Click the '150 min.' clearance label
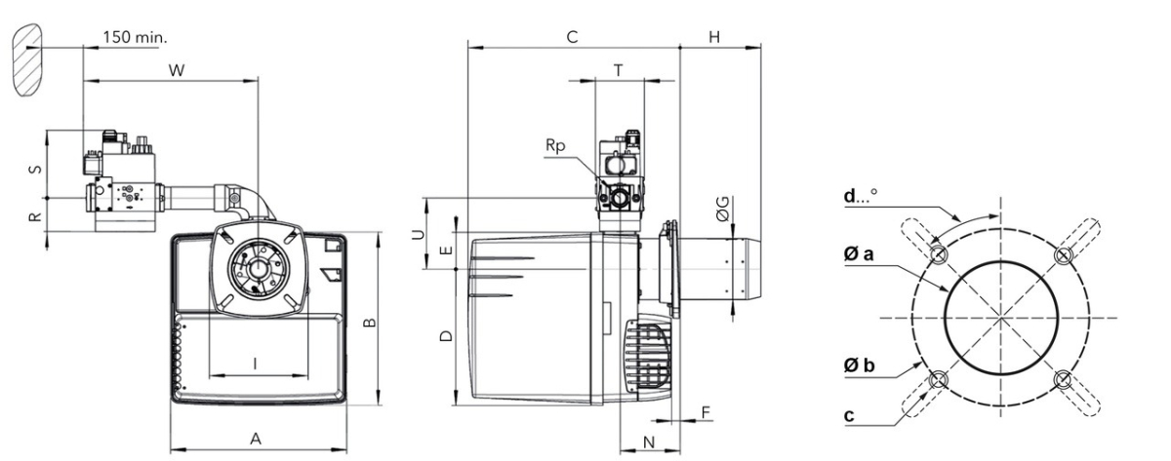click(x=135, y=38)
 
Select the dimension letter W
click(x=177, y=70)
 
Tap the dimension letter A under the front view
click(x=255, y=439)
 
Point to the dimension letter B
click(x=370, y=323)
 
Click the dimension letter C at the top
click(x=573, y=37)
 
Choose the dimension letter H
click(x=714, y=37)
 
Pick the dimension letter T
click(x=619, y=70)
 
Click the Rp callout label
click(x=555, y=145)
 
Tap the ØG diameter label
click(x=722, y=209)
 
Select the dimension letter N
click(x=649, y=442)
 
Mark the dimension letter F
click(x=706, y=412)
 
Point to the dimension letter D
click(x=446, y=335)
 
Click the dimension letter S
click(x=35, y=170)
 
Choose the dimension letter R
click(x=34, y=215)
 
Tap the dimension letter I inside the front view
click(x=255, y=364)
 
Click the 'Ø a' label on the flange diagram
click(x=859, y=253)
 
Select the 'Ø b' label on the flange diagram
click(x=859, y=365)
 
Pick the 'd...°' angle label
click(x=861, y=195)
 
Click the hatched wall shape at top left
click(x=26, y=59)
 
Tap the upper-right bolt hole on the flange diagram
click(x=1064, y=254)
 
